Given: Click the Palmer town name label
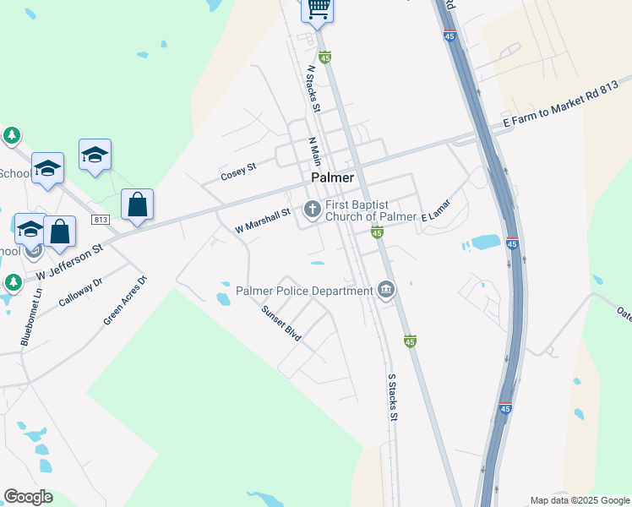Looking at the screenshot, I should (332, 177).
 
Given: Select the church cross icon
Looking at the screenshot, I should (313, 208).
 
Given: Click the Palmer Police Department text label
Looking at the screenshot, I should (304, 292).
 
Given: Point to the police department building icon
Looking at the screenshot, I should (386, 291).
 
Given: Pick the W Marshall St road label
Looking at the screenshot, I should (263, 221).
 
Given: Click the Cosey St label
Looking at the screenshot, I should (237, 172).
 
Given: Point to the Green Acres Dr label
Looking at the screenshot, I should (125, 300).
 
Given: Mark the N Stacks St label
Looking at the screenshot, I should (313, 89).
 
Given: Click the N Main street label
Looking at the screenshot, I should (315, 152).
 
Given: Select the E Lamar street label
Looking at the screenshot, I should (436, 210).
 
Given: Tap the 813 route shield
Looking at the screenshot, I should (101, 221).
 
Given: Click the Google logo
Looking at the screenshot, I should (28, 497).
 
